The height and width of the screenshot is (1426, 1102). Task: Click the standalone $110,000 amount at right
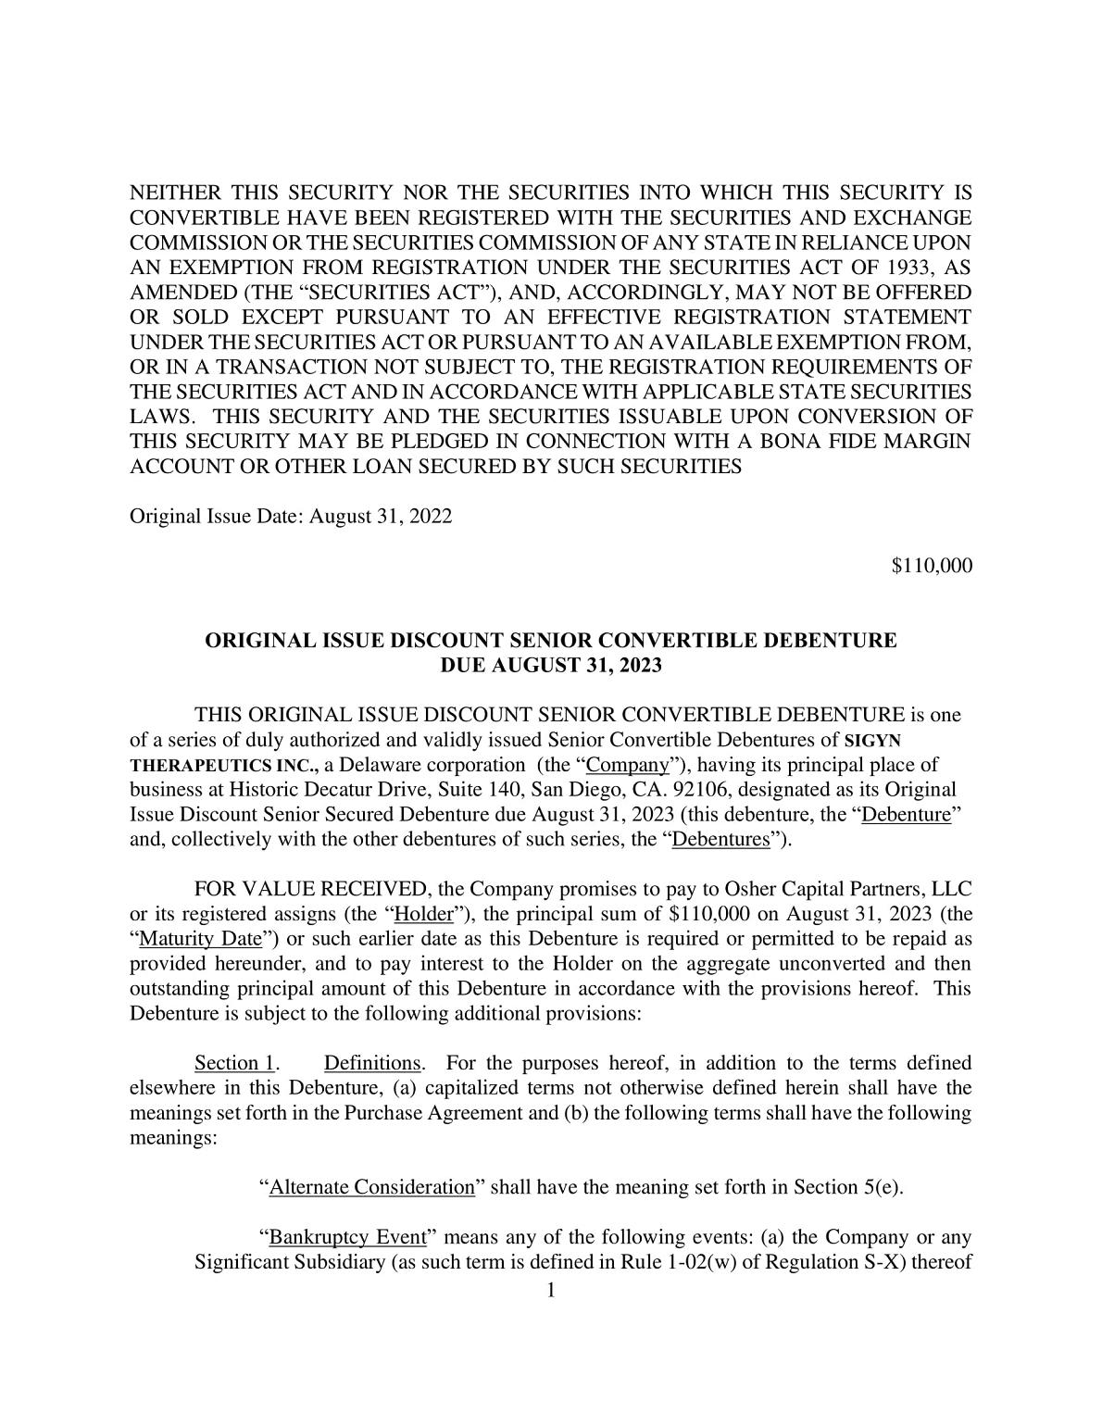point(932,566)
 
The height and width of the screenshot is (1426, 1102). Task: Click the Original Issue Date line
point(291,516)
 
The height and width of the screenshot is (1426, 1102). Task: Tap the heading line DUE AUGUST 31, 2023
point(550,666)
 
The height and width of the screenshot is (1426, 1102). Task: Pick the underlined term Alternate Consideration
point(372,1187)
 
